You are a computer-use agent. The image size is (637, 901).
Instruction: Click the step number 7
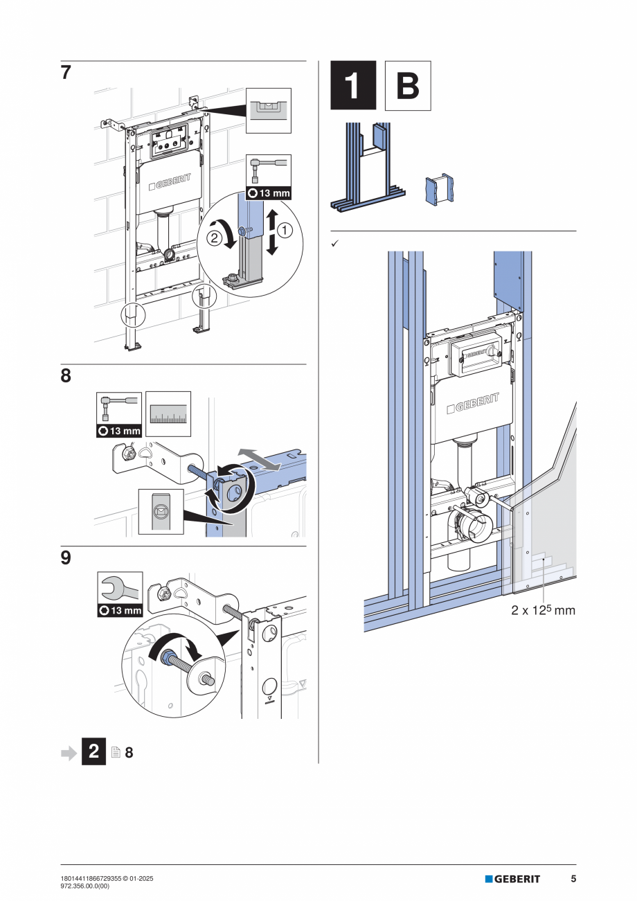[66, 73]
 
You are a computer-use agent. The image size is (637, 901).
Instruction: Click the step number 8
[66, 376]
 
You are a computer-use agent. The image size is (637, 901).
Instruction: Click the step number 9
[66, 557]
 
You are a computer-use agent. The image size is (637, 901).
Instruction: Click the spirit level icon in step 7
[269, 110]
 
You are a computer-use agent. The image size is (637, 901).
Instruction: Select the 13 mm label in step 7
[269, 193]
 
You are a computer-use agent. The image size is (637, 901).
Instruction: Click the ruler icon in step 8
[168, 414]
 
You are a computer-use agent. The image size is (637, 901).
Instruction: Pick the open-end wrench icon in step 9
[120, 589]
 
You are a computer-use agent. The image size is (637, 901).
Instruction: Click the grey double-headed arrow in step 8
[260, 460]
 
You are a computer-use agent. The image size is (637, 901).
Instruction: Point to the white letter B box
[408, 86]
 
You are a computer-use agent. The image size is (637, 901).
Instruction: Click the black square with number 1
[353, 86]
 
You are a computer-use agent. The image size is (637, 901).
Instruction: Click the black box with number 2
[94, 751]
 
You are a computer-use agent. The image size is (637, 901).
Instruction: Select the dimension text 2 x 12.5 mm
[543, 611]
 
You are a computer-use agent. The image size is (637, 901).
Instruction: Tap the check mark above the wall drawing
[334, 243]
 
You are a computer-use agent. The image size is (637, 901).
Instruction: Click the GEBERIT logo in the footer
[512, 879]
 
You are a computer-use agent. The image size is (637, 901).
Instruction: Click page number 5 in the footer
[573, 879]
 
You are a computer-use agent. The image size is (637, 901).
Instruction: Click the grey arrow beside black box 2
[69, 752]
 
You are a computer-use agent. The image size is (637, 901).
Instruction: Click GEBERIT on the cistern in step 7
[170, 185]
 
